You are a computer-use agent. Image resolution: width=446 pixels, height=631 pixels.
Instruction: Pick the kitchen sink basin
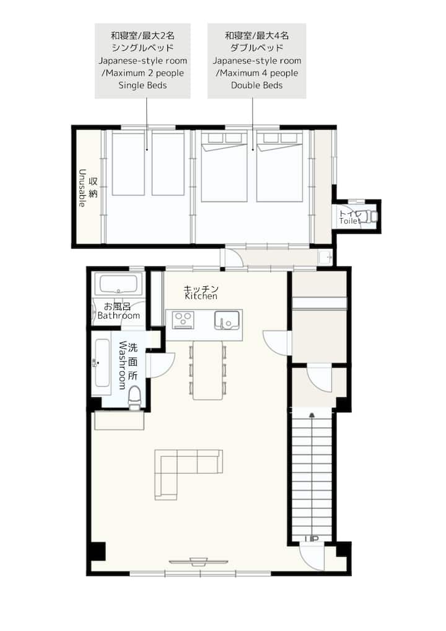tap(227, 320)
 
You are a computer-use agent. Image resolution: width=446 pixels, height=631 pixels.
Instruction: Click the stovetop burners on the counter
tap(183, 320)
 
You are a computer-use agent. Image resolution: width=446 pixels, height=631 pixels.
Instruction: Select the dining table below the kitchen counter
tap(208, 370)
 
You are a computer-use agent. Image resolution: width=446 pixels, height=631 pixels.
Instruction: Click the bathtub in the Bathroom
tap(118, 285)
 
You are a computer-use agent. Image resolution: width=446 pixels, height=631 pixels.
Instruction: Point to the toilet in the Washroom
tap(134, 398)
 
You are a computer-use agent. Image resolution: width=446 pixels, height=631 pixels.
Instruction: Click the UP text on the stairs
tap(312, 539)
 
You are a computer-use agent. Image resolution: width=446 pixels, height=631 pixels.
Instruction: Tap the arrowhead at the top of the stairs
tap(312, 415)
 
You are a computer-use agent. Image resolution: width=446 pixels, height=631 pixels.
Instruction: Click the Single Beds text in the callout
tap(142, 86)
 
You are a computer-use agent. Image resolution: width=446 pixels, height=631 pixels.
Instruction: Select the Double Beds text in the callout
tap(256, 86)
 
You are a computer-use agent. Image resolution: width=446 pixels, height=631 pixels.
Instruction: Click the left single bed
tap(128, 164)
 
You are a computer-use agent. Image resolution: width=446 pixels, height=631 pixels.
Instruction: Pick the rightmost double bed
tap(279, 167)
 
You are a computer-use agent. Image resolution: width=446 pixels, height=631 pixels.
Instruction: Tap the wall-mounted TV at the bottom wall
tap(199, 562)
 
